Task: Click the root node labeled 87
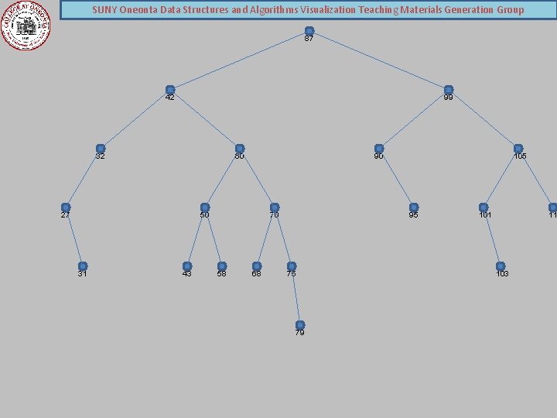coord(309,31)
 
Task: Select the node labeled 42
coord(170,90)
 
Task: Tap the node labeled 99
coord(448,90)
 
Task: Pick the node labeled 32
coord(101,149)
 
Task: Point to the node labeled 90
coord(378,149)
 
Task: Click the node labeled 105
coord(518,149)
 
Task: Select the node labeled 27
coord(66,207)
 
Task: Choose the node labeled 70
coord(275,207)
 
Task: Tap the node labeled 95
coord(413,207)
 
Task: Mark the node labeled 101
coord(484,207)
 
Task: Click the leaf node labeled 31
coord(83,266)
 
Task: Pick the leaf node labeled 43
coord(187,266)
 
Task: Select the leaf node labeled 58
coord(222,266)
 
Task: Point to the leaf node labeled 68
coord(257,266)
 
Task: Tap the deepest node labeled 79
coord(300,325)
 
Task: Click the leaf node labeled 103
coord(501,266)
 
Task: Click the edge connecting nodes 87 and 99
coord(379,60)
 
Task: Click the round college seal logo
coord(26,25)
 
